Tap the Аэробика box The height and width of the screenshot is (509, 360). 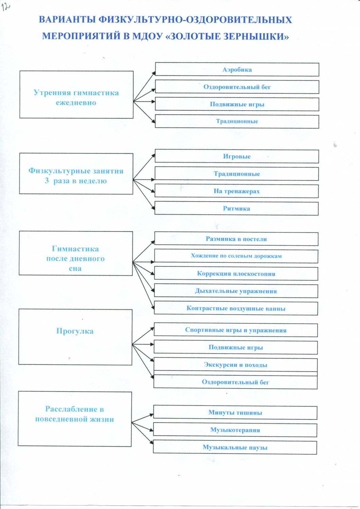[x=237, y=70]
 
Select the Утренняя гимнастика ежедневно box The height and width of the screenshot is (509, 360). [x=76, y=95]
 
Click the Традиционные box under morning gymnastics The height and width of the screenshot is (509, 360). [x=237, y=121]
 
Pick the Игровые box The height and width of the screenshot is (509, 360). [x=237, y=156]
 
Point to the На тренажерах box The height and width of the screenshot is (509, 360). [x=236, y=191]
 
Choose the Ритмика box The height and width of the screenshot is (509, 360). [x=236, y=208]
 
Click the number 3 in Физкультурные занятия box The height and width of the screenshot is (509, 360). [x=47, y=181]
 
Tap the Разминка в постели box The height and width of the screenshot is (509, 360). [x=236, y=239]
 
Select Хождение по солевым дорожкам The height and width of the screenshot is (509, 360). [x=236, y=256]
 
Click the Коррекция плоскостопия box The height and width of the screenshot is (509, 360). [x=236, y=274]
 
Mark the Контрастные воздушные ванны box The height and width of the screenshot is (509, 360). [x=236, y=308]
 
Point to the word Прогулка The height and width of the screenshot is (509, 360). [x=75, y=331]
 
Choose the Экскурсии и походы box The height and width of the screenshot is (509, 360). [x=236, y=365]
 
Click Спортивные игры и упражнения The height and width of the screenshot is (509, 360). [x=236, y=330]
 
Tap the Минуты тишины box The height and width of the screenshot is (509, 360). [x=235, y=413]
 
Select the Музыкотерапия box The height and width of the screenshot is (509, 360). [x=235, y=430]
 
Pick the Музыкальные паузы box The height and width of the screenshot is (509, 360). [x=235, y=448]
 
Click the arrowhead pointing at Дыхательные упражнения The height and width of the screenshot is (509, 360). [x=152, y=291]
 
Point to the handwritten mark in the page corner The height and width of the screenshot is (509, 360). [x=6, y=7]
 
